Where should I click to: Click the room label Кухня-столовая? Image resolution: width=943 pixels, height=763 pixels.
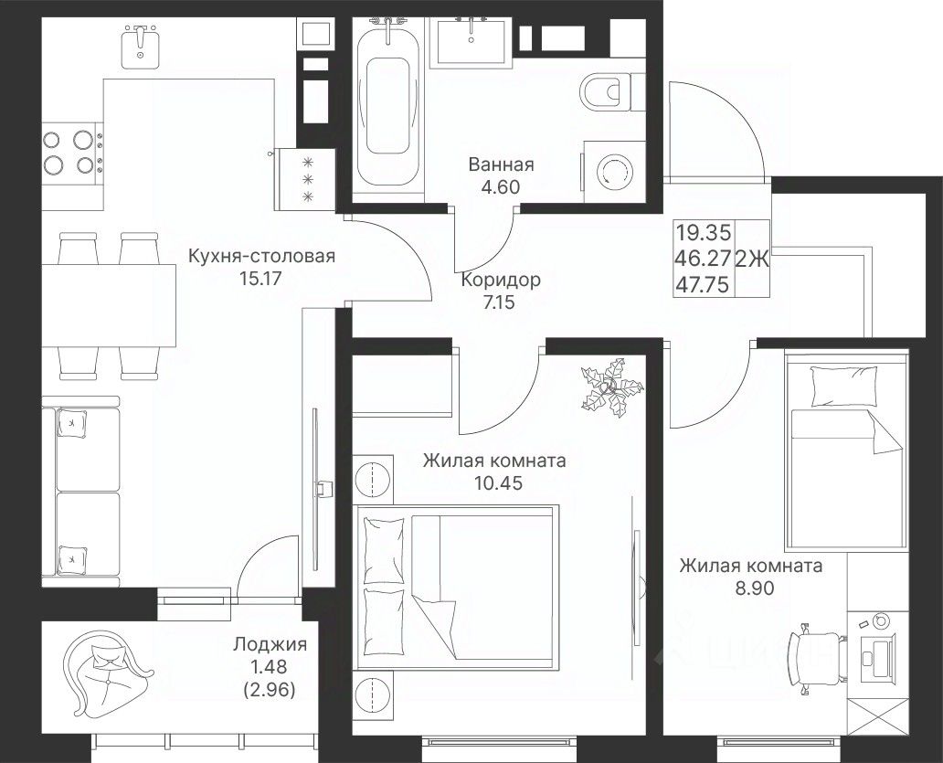261,256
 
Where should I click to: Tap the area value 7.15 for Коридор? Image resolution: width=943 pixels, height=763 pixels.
499,302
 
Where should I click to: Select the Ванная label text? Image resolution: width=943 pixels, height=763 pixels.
501,164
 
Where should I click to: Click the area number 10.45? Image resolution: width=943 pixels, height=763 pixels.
498,482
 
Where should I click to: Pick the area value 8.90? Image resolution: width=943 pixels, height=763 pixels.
755,588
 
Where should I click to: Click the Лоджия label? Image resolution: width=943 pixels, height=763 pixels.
270,644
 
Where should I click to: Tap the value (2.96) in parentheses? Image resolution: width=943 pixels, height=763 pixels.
270,690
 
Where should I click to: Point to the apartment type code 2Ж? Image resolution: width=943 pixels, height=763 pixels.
752,259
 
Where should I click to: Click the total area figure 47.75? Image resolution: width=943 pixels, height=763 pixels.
703,284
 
